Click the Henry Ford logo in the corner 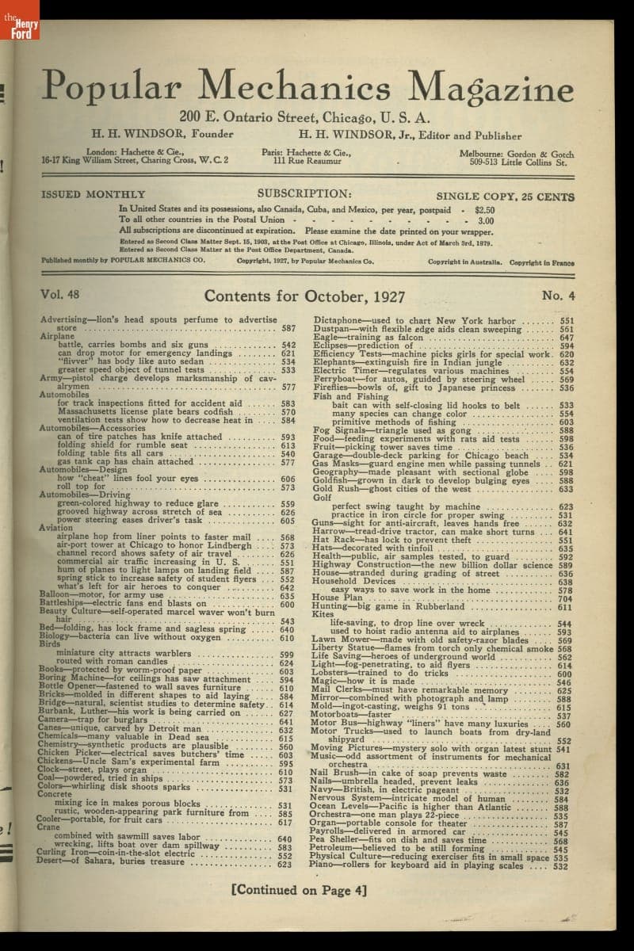[x=19, y=19]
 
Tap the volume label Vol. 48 [x=60, y=295]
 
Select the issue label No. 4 [x=559, y=295]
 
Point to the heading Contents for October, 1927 [x=304, y=296]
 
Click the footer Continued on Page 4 [x=299, y=890]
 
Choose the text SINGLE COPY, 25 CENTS [x=505, y=195]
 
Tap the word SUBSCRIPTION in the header [x=304, y=193]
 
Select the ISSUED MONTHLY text [x=93, y=194]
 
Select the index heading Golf [x=322, y=498]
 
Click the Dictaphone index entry [x=342, y=320]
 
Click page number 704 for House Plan [x=565, y=598]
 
